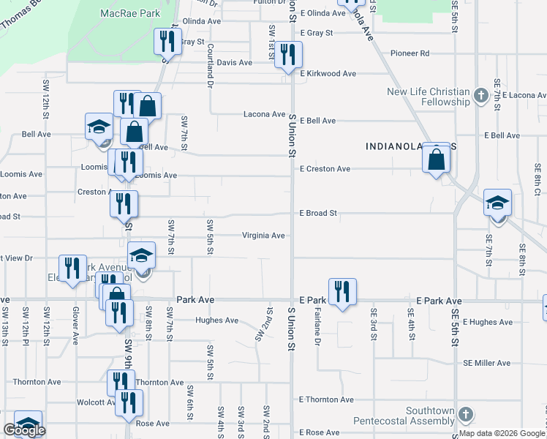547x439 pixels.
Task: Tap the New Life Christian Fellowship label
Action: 428,97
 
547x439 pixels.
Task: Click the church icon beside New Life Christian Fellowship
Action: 481,95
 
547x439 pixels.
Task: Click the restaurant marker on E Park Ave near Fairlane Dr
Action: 342,293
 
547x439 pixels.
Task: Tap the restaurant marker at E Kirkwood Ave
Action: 288,55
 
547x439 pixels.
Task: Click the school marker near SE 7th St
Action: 497,203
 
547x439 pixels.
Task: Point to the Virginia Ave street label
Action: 263,236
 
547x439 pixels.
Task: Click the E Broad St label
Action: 318,214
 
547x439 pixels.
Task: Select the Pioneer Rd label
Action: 410,53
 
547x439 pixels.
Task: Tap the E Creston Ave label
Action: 325,169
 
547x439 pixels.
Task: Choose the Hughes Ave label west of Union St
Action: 216,320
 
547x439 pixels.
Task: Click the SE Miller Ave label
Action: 486,363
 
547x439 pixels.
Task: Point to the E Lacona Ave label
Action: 514,95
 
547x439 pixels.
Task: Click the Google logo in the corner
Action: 24,430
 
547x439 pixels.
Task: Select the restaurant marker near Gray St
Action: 167,42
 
